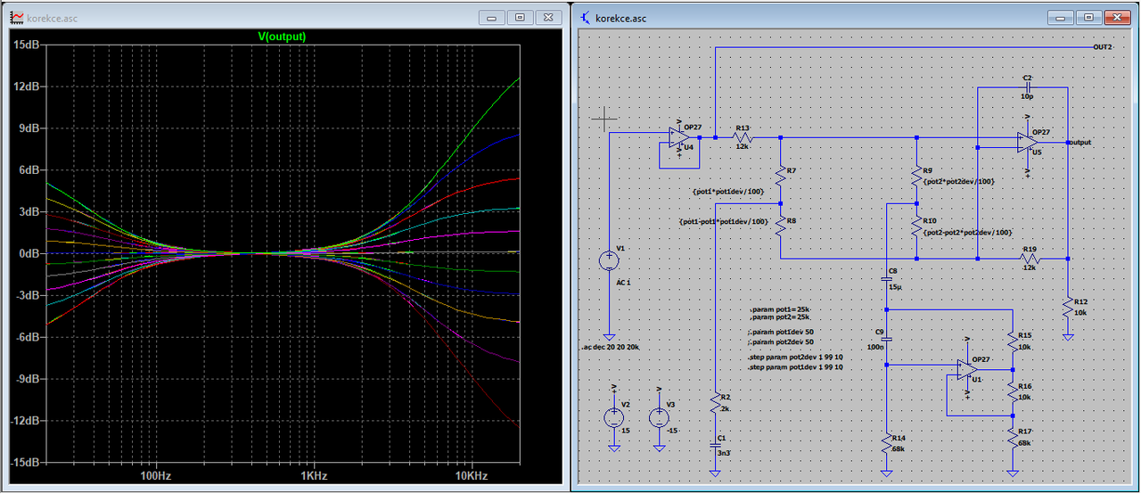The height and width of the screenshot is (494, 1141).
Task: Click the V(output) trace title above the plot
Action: (281, 37)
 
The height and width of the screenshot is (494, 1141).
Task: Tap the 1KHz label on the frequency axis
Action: (314, 476)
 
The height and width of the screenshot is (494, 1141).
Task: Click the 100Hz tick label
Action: (156, 476)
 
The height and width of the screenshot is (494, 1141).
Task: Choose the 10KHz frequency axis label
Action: (470, 476)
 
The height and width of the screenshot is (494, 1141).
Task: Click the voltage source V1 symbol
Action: (609, 260)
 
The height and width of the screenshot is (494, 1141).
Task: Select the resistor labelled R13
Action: (742, 138)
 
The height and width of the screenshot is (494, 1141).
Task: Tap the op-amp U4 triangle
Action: (684, 138)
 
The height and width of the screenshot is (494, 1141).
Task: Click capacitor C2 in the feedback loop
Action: (1028, 88)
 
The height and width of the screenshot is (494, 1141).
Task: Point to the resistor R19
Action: (1031, 259)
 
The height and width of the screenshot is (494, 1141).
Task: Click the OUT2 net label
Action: (1102, 46)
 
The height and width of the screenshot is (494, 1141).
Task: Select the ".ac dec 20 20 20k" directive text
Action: (613, 346)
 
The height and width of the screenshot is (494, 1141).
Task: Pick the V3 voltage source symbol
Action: (659, 417)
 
